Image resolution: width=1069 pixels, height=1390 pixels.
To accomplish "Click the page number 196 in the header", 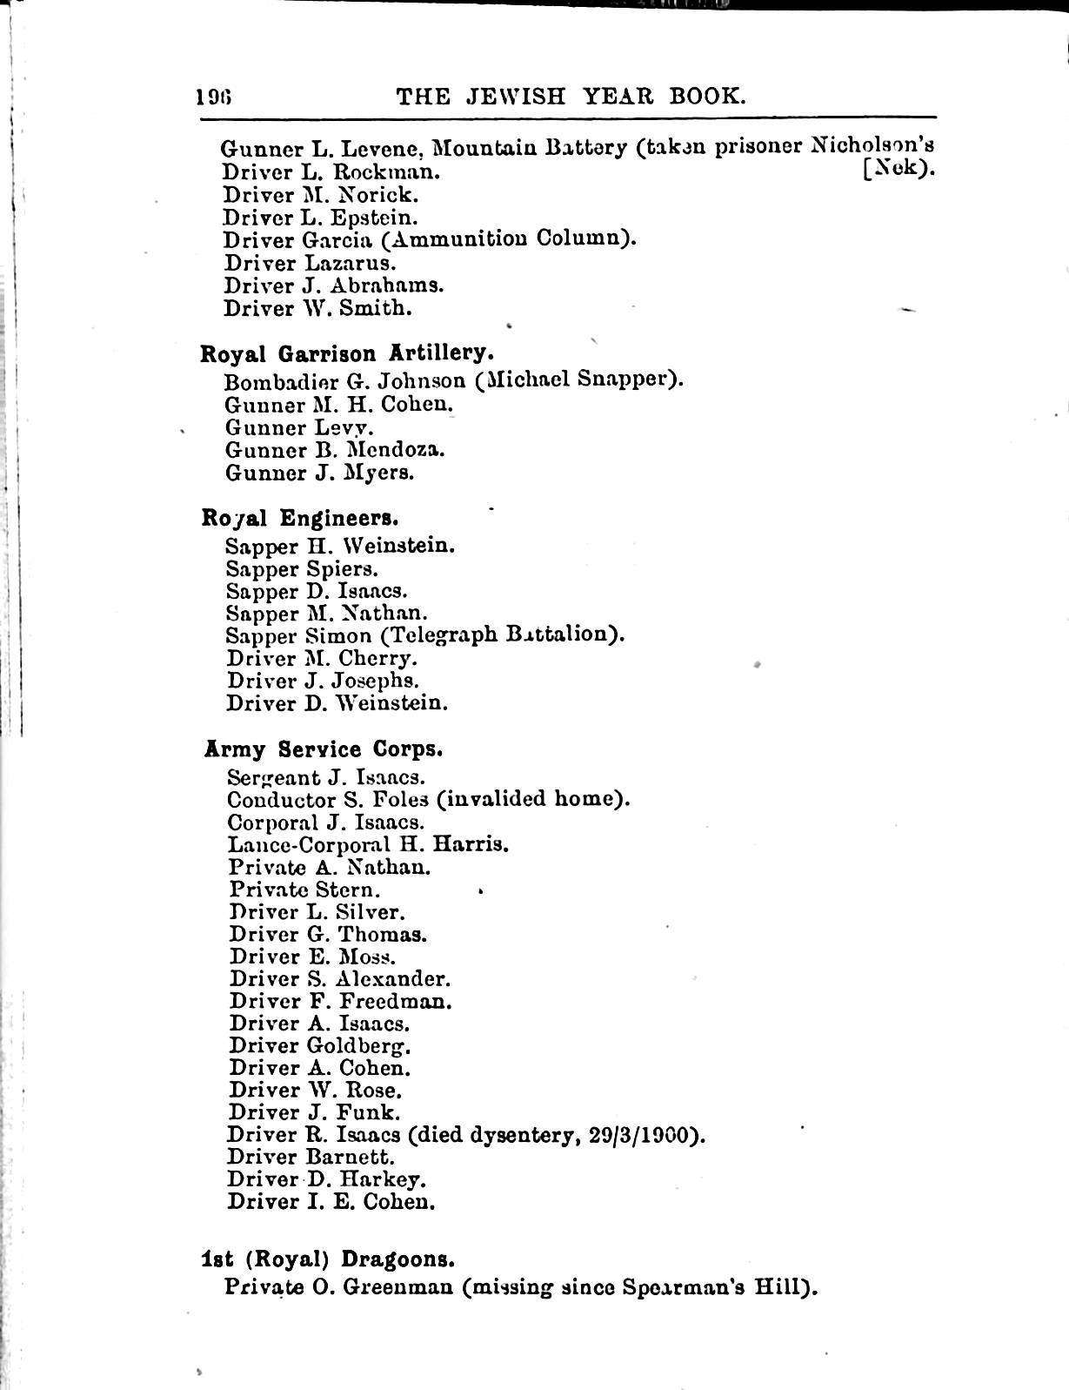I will pos(217,96).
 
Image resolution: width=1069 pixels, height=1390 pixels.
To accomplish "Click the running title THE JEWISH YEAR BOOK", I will pos(571,95).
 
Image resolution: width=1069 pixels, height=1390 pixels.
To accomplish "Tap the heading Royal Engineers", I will pos(300,518).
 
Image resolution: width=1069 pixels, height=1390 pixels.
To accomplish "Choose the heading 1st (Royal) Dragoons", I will pos(328,1259).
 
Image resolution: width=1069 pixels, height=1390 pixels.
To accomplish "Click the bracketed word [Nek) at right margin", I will pos(899,169).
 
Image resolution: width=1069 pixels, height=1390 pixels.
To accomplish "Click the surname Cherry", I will pos(377,658).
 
